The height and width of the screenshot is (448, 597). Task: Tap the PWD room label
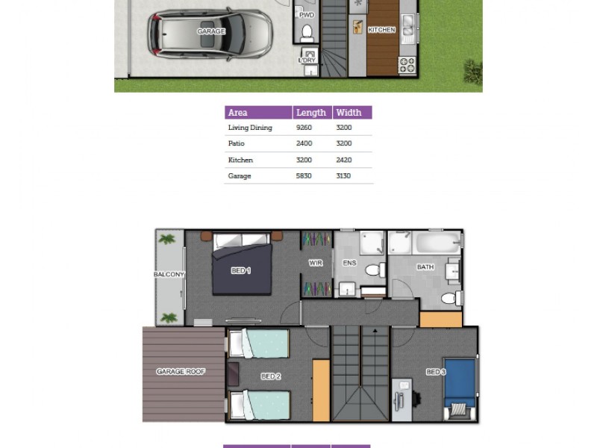tap(307, 14)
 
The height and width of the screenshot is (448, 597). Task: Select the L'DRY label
tap(307, 60)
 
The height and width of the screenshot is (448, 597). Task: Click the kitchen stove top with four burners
tap(407, 65)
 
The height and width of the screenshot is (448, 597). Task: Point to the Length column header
tap(311, 113)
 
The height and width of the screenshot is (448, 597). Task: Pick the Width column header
tap(348, 113)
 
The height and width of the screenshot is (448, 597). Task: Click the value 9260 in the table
tap(304, 128)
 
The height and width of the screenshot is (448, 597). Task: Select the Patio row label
tap(237, 143)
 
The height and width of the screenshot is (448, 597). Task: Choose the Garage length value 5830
tap(304, 176)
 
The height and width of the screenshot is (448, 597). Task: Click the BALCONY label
tap(169, 275)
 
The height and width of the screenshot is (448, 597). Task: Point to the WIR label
tap(316, 264)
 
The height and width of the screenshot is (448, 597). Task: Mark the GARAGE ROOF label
tap(181, 371)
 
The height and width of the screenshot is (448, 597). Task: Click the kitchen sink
tap(407, 30)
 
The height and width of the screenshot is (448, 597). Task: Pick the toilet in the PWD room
tap(307, 33)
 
